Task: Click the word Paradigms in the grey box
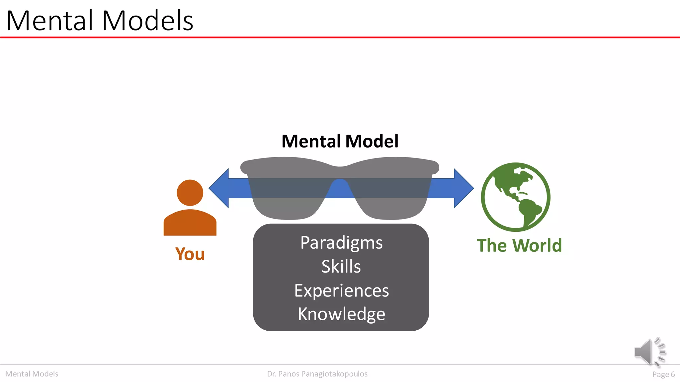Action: tap(341, 243)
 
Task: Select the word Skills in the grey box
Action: tap(341, 267)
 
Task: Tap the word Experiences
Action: tap(341, 291)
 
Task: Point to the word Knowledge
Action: tap(341, 314)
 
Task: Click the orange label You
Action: tap(190, 254)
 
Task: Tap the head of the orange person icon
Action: tap(190, 193)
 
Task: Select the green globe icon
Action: tap(516, 197)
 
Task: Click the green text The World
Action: tap(519, 246)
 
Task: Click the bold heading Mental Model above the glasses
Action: tap(340, 141)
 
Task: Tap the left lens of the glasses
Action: tap(287, 196)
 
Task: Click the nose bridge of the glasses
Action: tap(340, 172)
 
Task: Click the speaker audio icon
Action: tap(649, 352)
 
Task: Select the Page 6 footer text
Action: tap(663, 374)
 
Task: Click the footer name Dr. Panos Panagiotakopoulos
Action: tap(317, 374)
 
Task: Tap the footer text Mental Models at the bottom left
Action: tap(32, 374)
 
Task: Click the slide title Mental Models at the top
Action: tap(100, 21)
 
